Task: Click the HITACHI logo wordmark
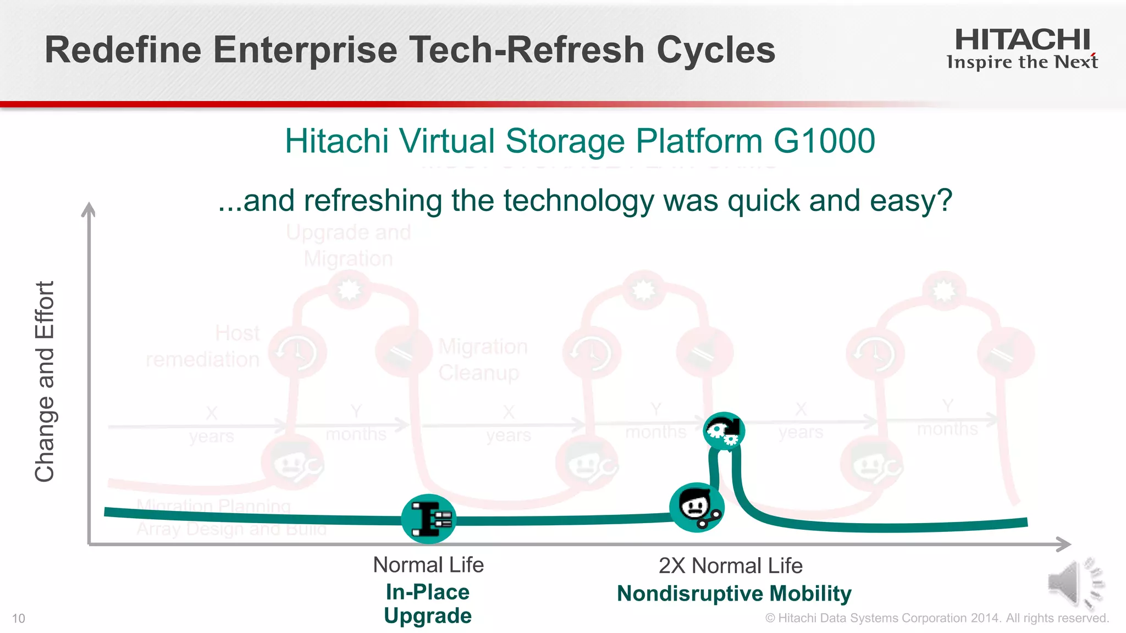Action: [1022, 40]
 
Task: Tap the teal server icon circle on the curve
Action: [429, 519]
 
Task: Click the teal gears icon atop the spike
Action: [724, 431]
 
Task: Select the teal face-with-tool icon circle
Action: [696, 507]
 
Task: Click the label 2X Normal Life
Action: [730, 565]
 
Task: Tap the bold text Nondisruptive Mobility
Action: [734, 593]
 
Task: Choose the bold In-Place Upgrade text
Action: [428, 604]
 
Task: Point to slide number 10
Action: [19, 619]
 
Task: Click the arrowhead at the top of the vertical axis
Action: [89, 209]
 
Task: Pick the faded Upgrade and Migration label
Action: [349, 245]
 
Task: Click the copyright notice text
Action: [936, 618]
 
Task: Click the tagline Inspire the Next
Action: [1022, 62]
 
